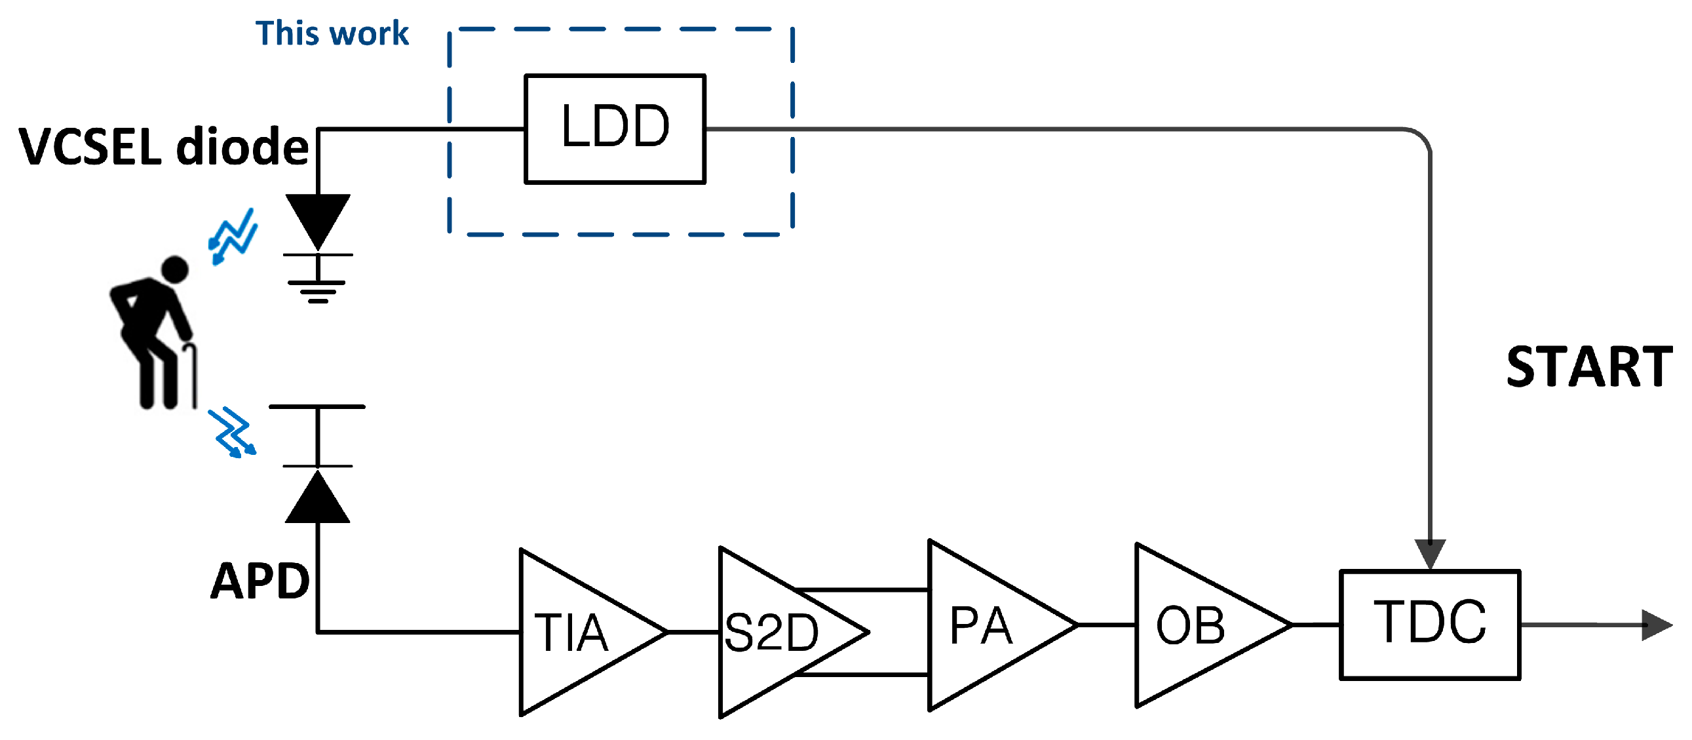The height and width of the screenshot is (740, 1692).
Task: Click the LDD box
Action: click(615, 129)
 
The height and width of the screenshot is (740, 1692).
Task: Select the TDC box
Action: click(1429, 625)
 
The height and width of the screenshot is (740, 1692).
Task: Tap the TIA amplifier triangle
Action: click(578, 633)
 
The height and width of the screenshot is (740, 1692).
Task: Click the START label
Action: click(1588, 366)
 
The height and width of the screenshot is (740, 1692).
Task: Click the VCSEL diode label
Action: click(163, 146)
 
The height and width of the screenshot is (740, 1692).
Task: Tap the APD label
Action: click(260, 581)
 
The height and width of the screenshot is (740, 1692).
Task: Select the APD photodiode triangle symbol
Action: click(318, 499)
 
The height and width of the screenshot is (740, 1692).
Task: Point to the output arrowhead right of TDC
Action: click(1655, 625)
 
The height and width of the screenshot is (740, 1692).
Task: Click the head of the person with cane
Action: click(175, 269)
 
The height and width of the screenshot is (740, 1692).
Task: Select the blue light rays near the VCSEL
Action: click(233, 237)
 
